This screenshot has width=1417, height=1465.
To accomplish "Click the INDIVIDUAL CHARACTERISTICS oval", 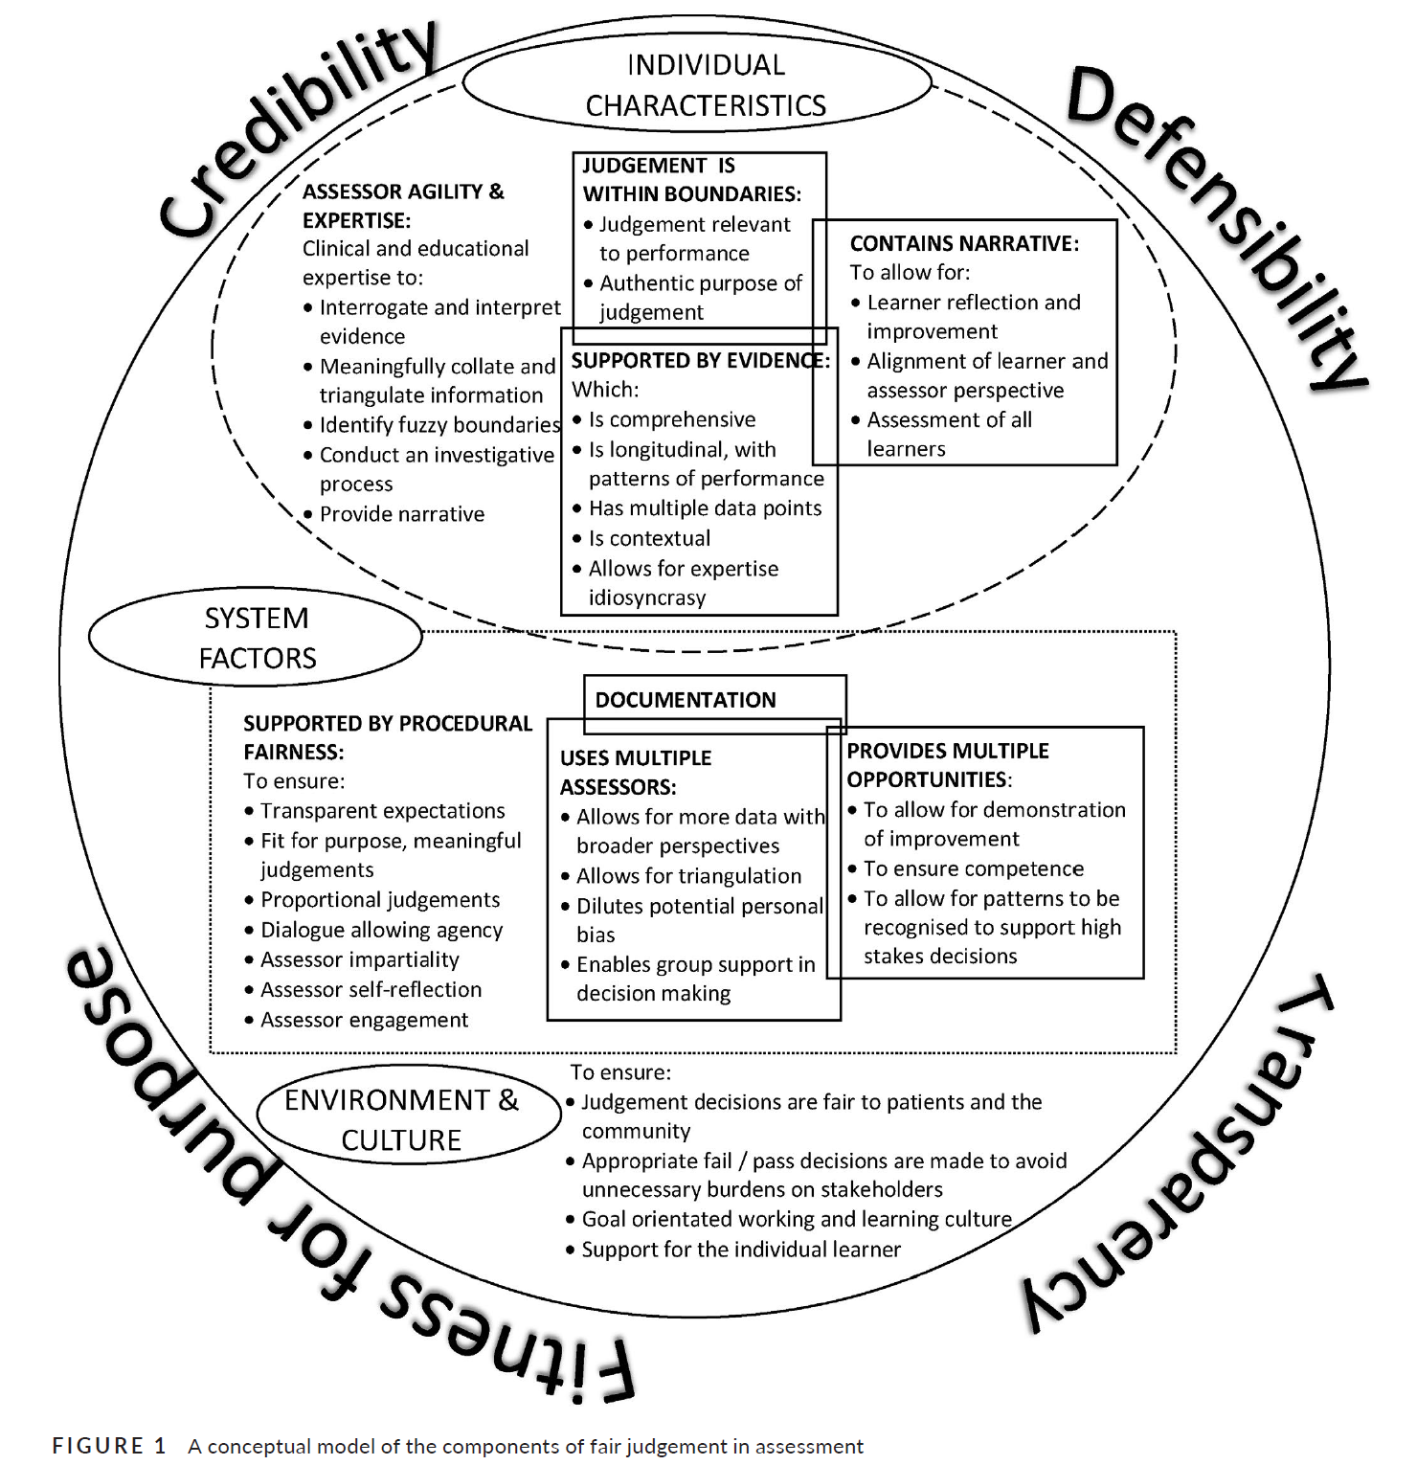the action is [705, 84].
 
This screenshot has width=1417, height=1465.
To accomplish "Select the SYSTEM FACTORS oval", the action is [257, 638].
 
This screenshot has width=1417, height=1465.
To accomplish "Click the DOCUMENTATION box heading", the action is [686, 700].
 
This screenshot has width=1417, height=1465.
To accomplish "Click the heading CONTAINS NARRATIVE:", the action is [964, 244].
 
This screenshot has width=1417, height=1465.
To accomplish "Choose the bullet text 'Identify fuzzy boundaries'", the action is [439, 425].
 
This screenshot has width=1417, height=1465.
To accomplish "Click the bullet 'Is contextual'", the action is [649, 538].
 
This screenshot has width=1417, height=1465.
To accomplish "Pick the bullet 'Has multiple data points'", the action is [705, 508].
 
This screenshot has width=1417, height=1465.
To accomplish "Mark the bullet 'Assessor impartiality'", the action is [360, 959].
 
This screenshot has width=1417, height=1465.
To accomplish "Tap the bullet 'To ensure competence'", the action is [974, 868].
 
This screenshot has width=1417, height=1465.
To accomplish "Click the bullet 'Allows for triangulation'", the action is [688, 876].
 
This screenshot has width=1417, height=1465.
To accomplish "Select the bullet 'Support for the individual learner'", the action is [741, 1250].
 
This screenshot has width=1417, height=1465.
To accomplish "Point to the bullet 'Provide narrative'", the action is [402, 514].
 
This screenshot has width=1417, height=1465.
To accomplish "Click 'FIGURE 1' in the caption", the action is [109, 1445].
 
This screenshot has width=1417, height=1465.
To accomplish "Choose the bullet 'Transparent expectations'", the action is [383, 811].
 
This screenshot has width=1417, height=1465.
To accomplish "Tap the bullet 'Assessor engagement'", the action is [365, 1020].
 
